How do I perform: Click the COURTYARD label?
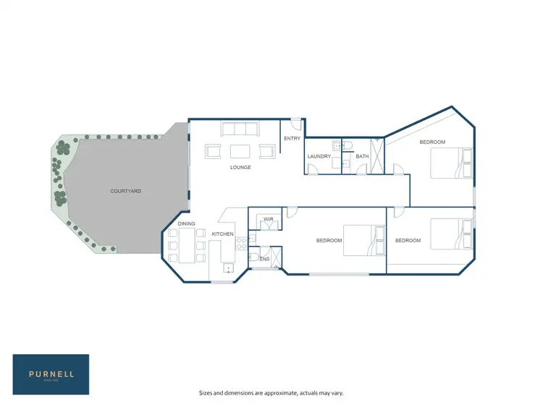tap(125, 191)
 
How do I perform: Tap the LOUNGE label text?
tap(240, 168)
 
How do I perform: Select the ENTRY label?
tap(292, 139)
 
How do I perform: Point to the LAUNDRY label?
tap(319, 156)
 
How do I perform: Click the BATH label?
tap(362, 156)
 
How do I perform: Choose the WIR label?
tap(268, 219)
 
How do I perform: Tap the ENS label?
tap(265, 258)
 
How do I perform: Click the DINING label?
tap(187, 224)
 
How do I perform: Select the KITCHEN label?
tap(222, 234)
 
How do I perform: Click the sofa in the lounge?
tap(240, 130)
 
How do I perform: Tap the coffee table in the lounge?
tap(240, 152)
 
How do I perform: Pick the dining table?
tap(187, 245)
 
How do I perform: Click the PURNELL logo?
tap(51, 374)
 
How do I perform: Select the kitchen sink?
tap(229, 268)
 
